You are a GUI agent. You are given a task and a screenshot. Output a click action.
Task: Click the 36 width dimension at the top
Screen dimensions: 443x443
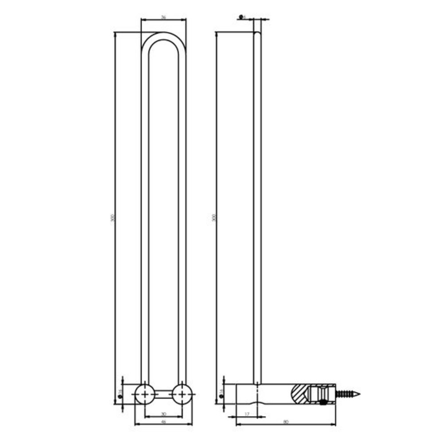tap(163, 17)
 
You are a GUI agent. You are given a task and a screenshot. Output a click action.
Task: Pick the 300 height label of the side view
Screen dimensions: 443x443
tap(214, 218)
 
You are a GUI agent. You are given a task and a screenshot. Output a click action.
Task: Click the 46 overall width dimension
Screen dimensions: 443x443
tap(163, 422)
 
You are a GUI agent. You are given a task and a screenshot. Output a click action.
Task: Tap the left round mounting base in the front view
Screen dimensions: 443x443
tap(145, 394)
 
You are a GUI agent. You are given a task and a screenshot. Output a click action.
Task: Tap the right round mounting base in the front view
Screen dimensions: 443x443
tap(182, 394)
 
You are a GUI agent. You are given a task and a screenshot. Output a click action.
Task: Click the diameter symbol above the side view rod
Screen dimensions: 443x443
tap(241, 17)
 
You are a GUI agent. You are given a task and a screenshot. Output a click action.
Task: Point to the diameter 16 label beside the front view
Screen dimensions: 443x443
tap(119, 392)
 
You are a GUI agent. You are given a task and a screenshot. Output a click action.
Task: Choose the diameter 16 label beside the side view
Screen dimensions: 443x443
tap(220, 392)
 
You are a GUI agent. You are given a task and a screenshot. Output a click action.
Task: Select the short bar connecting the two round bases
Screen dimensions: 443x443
tap(163, 394)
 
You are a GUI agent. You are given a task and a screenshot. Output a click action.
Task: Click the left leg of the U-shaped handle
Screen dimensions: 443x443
tap(145, 213)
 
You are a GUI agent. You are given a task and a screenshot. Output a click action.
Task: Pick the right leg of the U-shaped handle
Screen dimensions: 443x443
tap(182, 213)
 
